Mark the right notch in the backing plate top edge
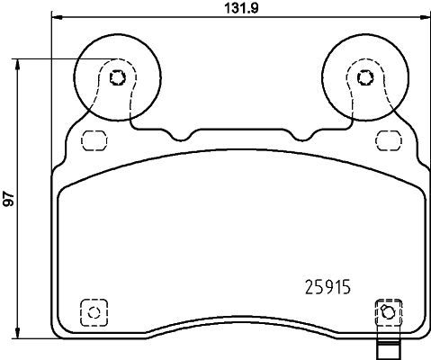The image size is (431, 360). pyautogui.click(x=297, y=136)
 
